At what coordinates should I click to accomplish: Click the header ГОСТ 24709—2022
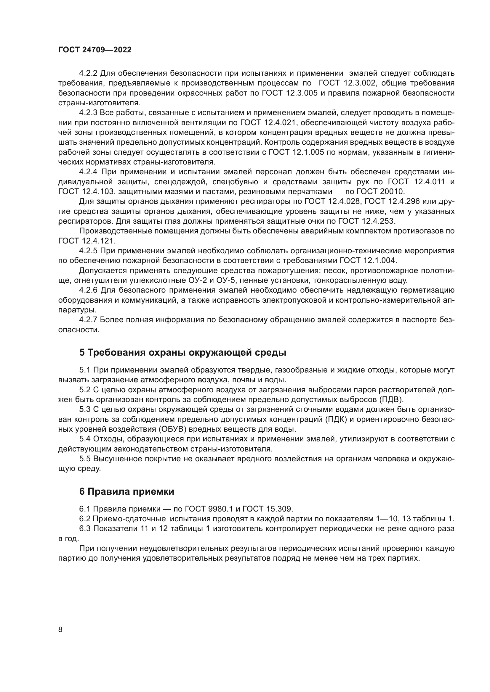[95, 50]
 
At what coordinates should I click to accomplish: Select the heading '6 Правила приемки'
[127, 492]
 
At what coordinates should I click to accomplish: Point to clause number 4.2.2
[88, 73]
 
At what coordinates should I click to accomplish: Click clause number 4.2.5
[88, 251]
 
